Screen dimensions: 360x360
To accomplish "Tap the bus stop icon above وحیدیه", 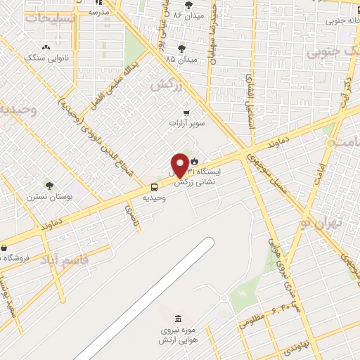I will [154, 186].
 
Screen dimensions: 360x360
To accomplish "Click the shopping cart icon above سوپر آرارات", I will [186, 112].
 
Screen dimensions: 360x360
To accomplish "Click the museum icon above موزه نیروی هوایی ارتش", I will [176, 319].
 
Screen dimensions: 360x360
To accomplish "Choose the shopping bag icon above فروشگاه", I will [5, 247].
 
